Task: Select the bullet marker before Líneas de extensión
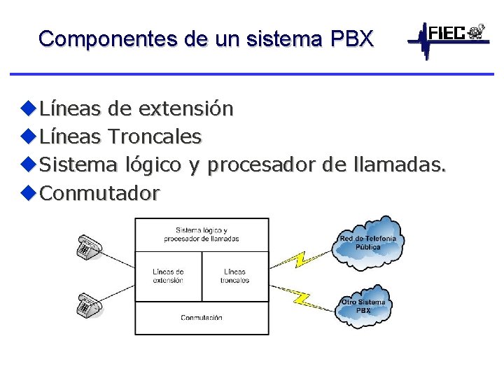29,108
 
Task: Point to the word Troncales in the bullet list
155,136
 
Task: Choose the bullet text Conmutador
99,193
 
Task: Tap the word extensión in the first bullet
185,108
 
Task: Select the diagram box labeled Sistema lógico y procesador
202,234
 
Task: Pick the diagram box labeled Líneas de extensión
168,276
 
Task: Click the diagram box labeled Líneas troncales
235,276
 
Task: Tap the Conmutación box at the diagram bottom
202,318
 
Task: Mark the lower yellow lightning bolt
301,298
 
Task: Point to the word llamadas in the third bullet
408,165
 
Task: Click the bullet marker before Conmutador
29,193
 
